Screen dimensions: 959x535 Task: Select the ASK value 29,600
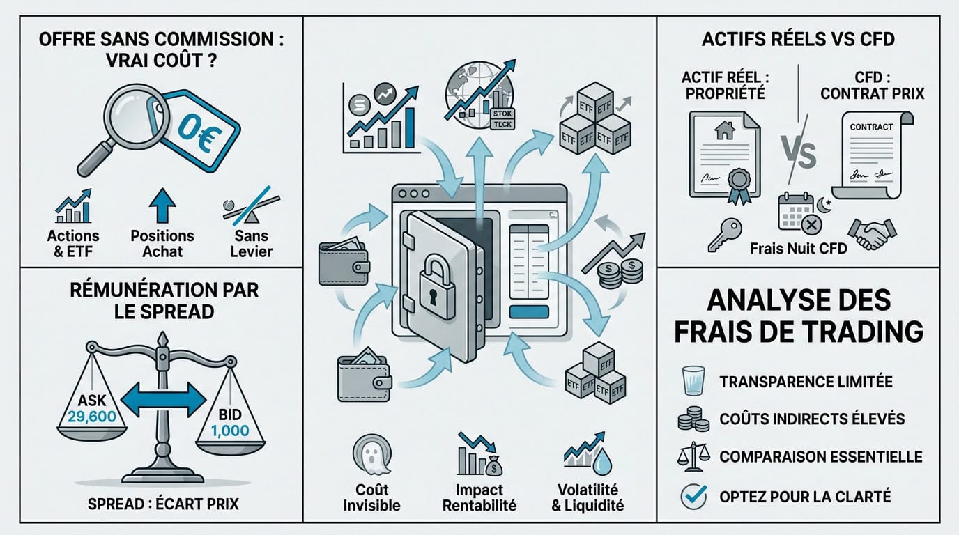tap(91, 417)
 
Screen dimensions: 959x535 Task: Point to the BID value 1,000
tap(230, 431)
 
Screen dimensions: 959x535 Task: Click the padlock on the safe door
tap(437, 288)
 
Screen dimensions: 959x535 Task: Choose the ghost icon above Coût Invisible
tap(372, 455)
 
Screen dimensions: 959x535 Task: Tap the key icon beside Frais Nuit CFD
tap(724, 235)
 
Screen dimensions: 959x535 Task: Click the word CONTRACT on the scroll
tap(871, 127)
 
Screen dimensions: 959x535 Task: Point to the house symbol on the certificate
tap(724, 130)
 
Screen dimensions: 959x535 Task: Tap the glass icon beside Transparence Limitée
tap(693, 380)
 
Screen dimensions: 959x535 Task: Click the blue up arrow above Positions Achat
tap(162, 206)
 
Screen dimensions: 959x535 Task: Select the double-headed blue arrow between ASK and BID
tap(163, 400)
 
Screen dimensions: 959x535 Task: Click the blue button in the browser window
tap(529, 312)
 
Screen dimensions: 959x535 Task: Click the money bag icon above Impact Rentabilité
tap(493, 466)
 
